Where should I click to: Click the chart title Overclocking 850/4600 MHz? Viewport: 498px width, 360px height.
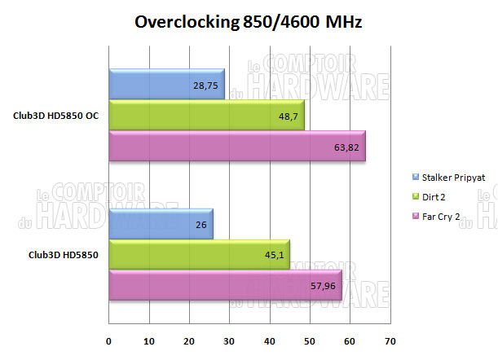pyautogui.click(x=248, y=23)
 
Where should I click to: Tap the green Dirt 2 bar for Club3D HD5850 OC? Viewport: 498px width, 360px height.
pyautogui.click(x=204, y=116)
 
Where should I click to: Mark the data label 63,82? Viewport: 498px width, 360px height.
pyautogui.click(x=348, y=147)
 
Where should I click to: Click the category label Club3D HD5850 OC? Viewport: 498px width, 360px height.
pyautogui.click(x=56, y=116)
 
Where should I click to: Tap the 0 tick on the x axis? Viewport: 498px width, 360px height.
pyautogui.click(x=109, y=340)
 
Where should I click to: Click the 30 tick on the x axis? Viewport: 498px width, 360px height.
pyautogui.click(x=229, y=340)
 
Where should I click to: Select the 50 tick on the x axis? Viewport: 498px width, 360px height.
pyautogui.click(x=310, y=340)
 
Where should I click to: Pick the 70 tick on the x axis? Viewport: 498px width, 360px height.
pyautogui.click(x=390, y=340)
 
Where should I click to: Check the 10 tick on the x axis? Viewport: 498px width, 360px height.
pyautogui.click(x=149, y=340)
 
